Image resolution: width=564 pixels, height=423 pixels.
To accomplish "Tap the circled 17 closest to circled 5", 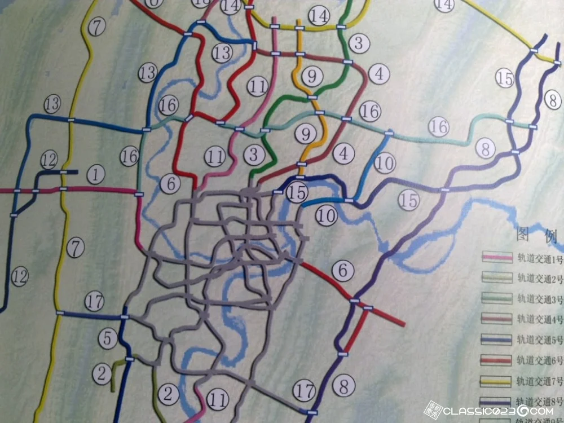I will point(94,302).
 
